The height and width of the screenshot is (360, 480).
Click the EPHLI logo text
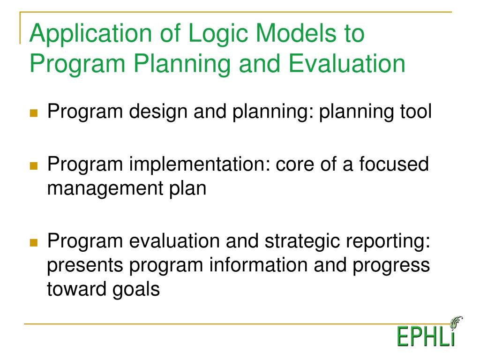coord(426,337)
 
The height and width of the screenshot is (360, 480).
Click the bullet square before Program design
coord(34,113)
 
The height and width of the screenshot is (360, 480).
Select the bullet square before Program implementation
coord(34,166)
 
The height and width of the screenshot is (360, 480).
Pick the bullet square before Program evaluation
coord(34,243)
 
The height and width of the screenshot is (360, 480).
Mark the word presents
coord(85,266)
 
